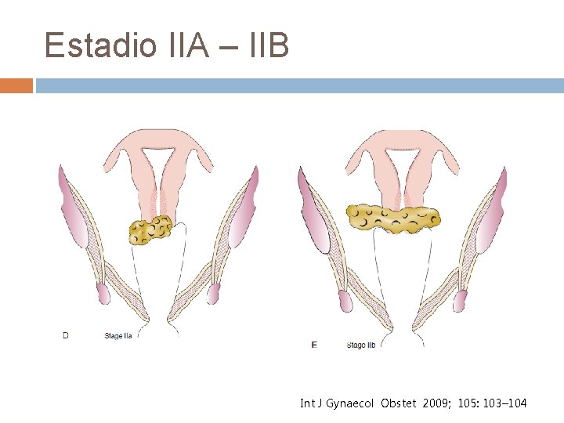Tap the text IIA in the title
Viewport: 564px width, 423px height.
(x=193, y=45)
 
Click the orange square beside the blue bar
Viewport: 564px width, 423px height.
(x=16, y=85)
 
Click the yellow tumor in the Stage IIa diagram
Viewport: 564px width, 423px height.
(x=150, y=230)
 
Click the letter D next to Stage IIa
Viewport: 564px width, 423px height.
(x=66, y=336)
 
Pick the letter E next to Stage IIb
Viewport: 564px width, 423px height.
(x=314, y=345)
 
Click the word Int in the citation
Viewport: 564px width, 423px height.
(x=306, y=403)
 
